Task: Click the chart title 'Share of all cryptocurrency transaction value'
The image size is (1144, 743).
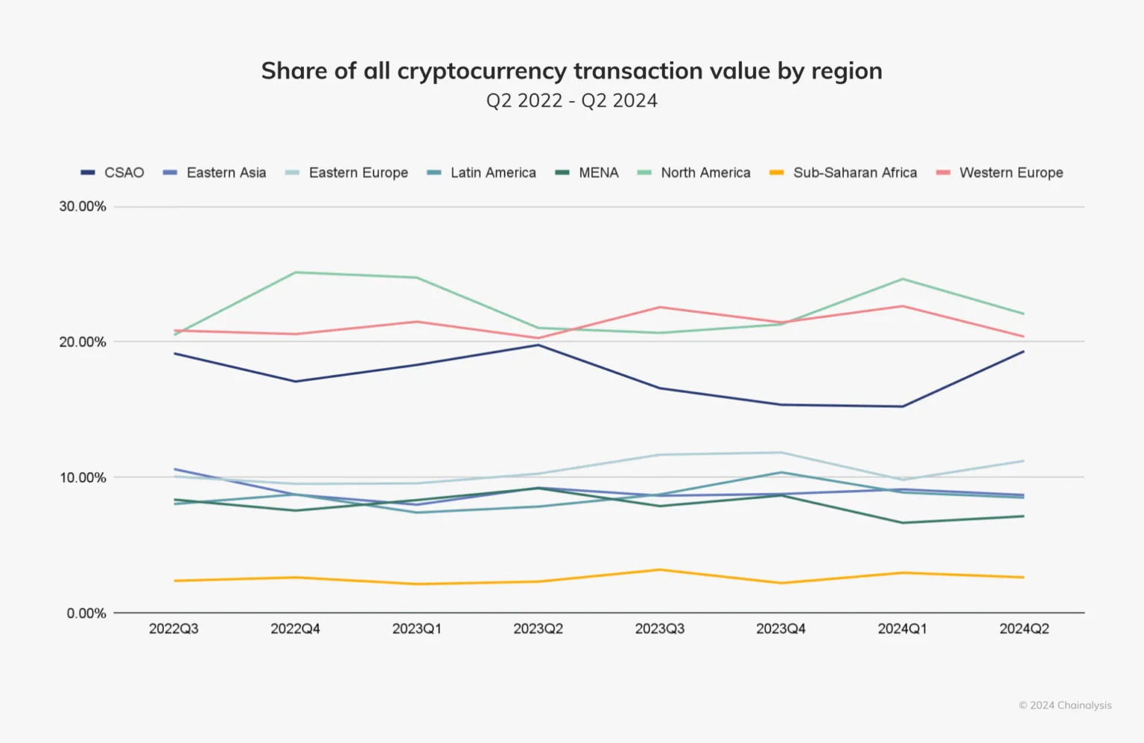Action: click(571, 71)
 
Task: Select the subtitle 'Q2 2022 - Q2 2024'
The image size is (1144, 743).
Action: click(571, 101)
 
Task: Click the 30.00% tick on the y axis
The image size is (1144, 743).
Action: click(83, 206)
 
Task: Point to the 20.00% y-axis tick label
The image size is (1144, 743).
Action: click(83, 342)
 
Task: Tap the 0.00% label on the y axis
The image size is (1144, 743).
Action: click(86, 613)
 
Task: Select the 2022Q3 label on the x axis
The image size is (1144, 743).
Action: click(174, 629)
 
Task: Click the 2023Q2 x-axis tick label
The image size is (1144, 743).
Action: click(538, 629)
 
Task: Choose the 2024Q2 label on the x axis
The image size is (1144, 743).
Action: click(1024, 629)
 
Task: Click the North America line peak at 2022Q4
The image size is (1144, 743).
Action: click(296, 272)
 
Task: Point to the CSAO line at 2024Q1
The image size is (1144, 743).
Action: click(903, 406)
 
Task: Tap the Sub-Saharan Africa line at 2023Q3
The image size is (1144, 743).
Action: click(660, 570)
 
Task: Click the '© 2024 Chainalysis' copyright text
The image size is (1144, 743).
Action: click(1065, 705)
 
